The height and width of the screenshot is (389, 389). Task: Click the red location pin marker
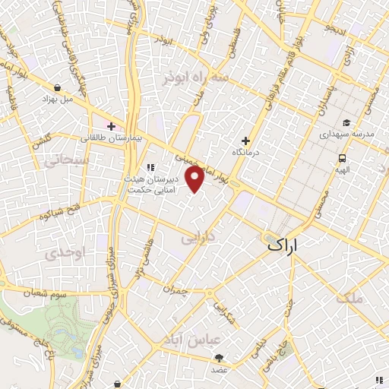click(x=195, y=179)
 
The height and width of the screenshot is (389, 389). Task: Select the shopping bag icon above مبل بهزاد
click(x=57, y=87)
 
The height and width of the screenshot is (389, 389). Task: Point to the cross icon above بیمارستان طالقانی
click(x=111, y=126)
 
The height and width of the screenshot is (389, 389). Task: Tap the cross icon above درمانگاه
click(x=245, y=141)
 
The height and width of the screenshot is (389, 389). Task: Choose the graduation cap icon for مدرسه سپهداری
click(x=346, y=122)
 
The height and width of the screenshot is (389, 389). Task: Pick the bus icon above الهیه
click(x=343, y=159)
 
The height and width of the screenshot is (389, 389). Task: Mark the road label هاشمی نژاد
click(x=140, y=258)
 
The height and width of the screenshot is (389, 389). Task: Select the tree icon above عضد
click(x=220, y=357)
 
